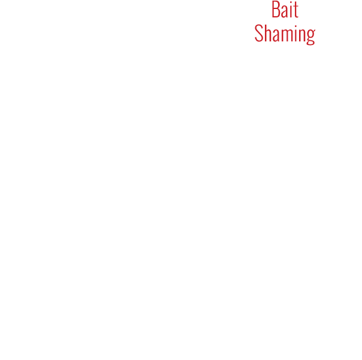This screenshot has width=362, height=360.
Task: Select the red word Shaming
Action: click(284, 34)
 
